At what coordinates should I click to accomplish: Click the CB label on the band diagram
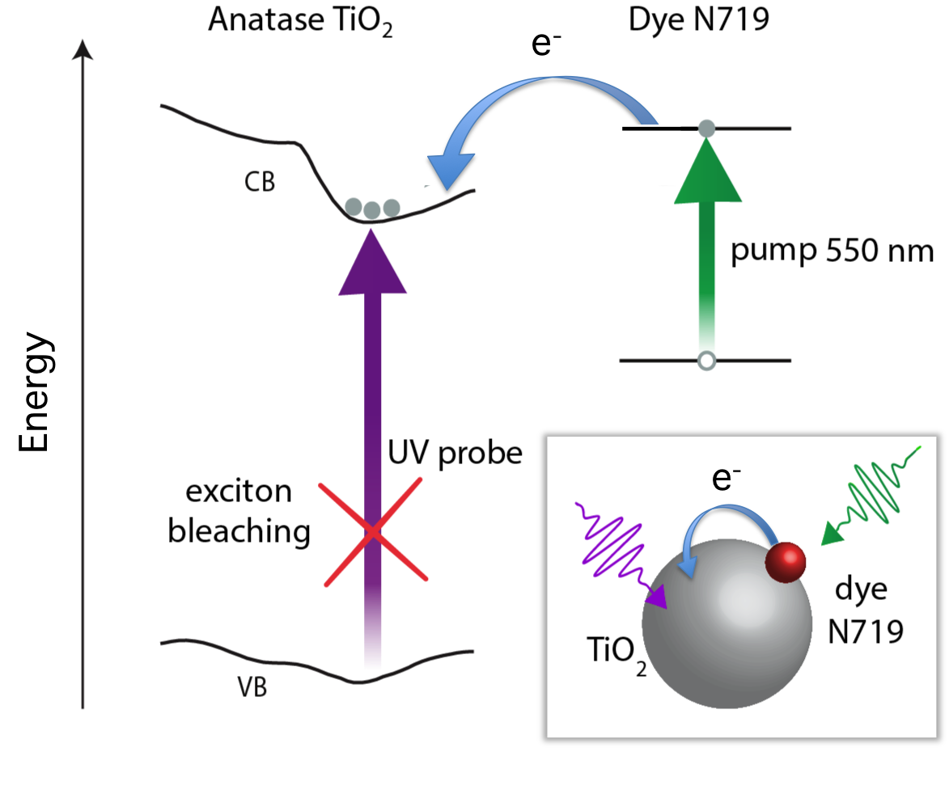(x=261, y=183)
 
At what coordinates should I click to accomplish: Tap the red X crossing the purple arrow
(x=373, y=531)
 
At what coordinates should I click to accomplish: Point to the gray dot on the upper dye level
(x=706, y=128)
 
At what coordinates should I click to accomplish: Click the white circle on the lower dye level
(x=707, y=361)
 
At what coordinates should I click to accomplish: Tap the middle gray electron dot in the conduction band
(x=372, y=210)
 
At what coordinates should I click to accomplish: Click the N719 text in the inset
(x=865, y=631)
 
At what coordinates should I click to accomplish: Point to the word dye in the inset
(x=860, y=589)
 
